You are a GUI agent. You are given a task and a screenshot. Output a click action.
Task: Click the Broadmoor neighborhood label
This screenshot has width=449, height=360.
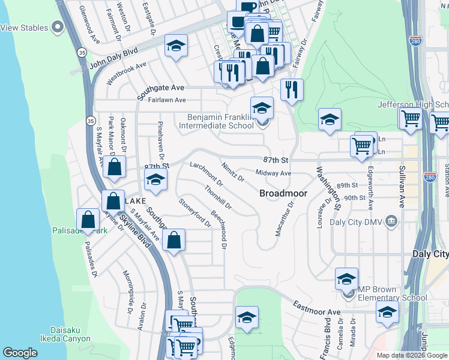[x=283, y=194]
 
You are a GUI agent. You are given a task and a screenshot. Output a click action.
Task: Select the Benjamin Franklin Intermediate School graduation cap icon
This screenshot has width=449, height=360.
[x=262, y=109]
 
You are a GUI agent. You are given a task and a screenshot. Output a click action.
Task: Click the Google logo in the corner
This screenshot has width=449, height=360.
[x=20, y=353]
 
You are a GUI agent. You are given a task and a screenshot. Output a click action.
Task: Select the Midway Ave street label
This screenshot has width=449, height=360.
[x=273, y=173]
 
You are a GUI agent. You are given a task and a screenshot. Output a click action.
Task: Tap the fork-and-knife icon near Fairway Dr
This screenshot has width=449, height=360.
[x=292, y=90]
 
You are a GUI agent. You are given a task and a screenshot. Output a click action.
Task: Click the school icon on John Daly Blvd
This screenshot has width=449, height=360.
[x=176, y=46]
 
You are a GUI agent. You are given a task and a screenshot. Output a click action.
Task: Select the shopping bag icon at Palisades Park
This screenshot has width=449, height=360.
[x=88, y=220]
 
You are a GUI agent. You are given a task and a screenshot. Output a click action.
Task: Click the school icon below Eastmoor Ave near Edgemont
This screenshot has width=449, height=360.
[x=247, y=317]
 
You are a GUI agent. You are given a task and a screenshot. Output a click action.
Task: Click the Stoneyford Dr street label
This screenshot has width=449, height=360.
[x=195, y=213]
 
